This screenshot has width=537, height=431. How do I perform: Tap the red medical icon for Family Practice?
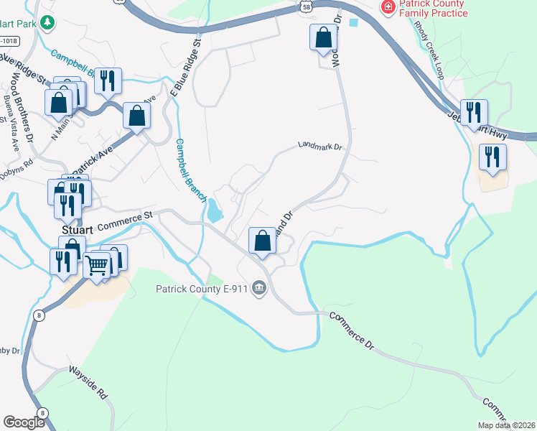pyautogui.click(x=388, y=6)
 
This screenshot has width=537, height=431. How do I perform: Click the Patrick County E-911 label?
pyautogui.click(x=202, y=289)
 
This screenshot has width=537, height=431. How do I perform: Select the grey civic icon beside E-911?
pyautogui.click(x=259, y=289)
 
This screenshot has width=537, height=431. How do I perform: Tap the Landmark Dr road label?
pyautogui.click(x=322, y=147)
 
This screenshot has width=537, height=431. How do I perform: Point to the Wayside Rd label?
pyautogui.click(x=88, y=383)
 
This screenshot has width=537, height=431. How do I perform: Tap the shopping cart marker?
pyautogui.click(x=97, y=265)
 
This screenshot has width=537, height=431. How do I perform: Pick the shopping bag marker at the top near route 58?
pyautogui.click(x=324, y=37)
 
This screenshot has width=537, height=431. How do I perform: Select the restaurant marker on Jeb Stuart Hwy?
pyautogui.click(x=474, y=113)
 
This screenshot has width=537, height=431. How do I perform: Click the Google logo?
pyautogui.click(x=24, y=423)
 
